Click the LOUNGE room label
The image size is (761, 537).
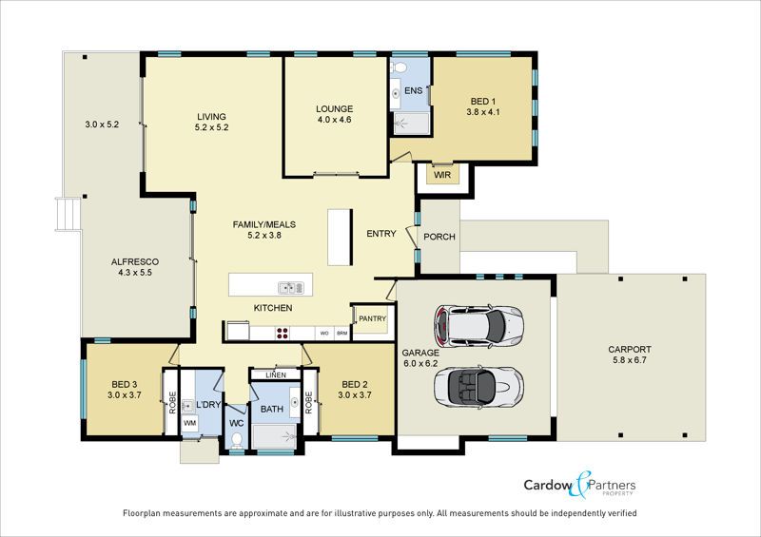tap(335, 109)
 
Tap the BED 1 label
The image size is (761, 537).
tap(483, 102)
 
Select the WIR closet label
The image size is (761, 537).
tap(442, 175)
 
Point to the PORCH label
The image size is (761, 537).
tap(439, 237)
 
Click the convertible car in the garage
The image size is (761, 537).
tap(478, 387)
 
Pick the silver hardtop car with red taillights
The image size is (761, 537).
tap(478, 326)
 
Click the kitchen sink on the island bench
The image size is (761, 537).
tap(291, 288)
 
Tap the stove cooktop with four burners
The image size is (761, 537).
tap(282, 334)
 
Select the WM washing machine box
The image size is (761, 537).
tap(189, 423)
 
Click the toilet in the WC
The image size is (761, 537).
tap(237, 439)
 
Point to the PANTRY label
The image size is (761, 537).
tap(372, 318)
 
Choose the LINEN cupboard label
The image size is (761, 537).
tap(276, 375)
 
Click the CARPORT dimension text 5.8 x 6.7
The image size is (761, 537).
tap(630, 360)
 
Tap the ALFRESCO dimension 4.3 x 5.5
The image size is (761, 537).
tap(135, 273)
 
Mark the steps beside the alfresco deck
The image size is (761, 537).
tap(68, 214)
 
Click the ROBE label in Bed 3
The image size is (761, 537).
tap(172, 403)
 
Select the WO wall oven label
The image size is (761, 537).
tap(324, 334)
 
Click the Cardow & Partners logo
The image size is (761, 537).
tap(579, 485)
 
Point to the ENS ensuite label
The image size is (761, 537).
tap(413, 90)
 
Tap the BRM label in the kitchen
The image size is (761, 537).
tap(342, 334)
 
